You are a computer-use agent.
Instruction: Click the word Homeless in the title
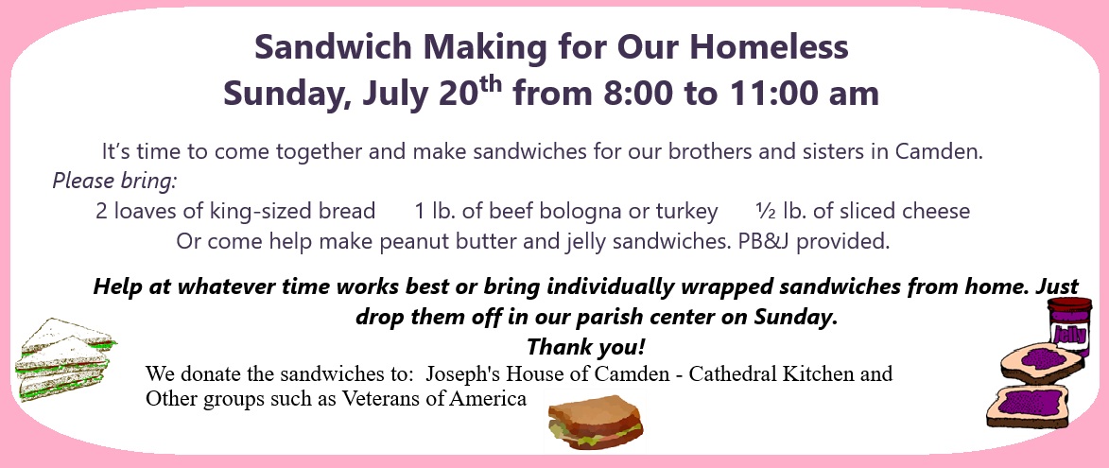tap(769, 47)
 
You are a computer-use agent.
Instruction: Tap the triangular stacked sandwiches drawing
tap(63, 359)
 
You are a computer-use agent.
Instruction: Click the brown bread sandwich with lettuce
tap(596, 423)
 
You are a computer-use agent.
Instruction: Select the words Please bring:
tap(114, 181)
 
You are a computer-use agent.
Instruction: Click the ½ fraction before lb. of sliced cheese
tap(766, 211)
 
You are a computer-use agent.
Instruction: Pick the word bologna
tap(596, 212)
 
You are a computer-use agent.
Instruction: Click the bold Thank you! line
tap(585, 347)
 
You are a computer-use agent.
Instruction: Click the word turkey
tap(686, 212)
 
